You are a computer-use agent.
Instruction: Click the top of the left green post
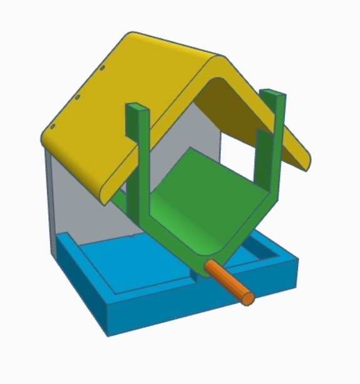click(138, 108)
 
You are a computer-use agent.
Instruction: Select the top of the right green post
click(273, 94)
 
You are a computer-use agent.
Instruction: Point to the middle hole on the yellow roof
click(77, 97)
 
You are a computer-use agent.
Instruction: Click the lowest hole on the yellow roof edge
click(53, 126)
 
